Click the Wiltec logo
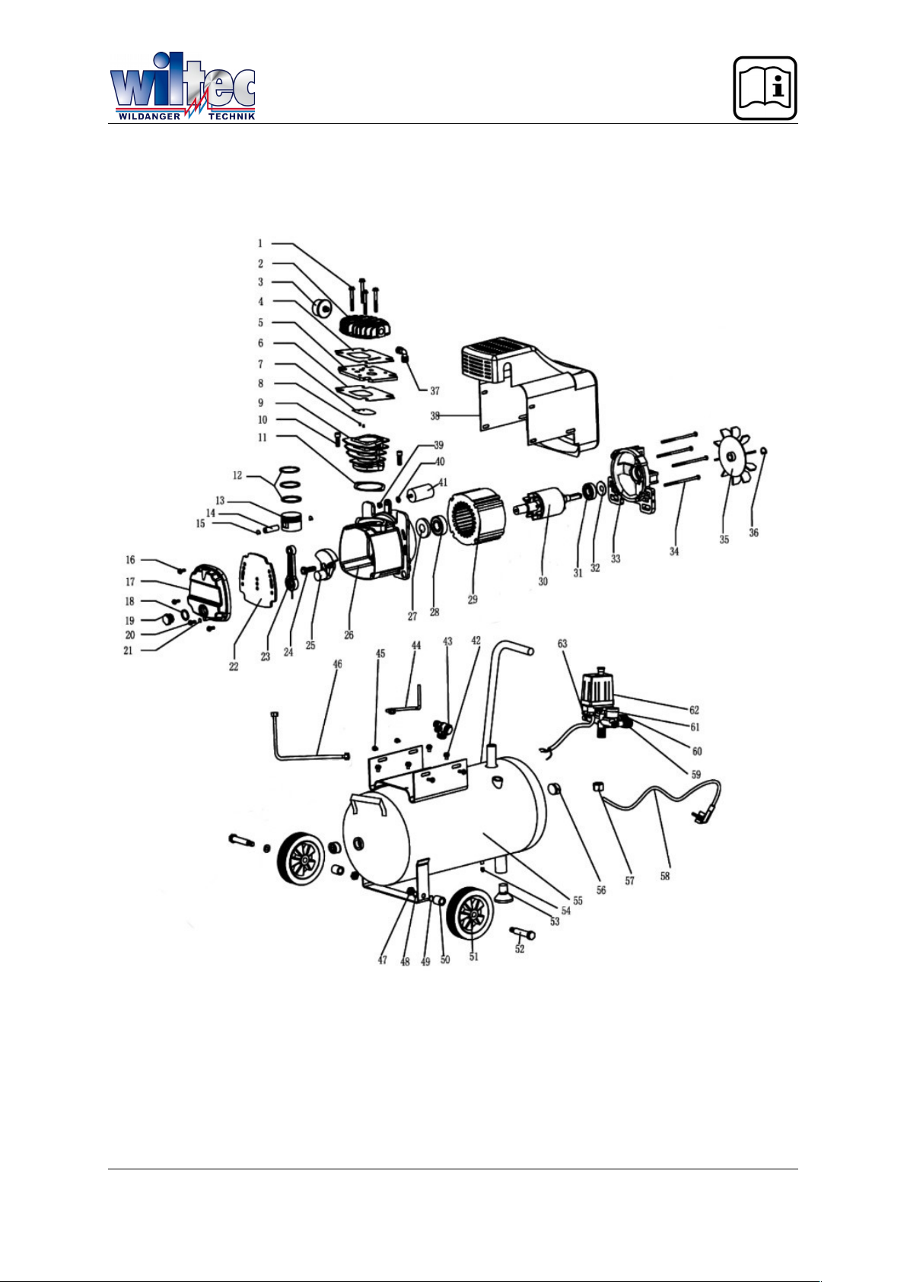tap(182, 86)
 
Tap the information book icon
tap(765, 87)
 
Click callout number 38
tap(435, 416)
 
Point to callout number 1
tap(260, 243)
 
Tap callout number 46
tap(338, 664)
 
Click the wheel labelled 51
tap(469, 914)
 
